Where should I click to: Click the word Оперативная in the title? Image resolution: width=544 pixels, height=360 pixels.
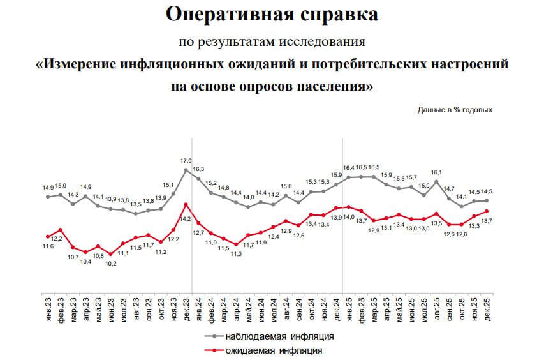(x=221, y=15)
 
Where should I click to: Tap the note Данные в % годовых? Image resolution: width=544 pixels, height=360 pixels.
(x=455, y=109)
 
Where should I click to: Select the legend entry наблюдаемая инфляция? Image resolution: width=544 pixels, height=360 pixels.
(x=279, y=335)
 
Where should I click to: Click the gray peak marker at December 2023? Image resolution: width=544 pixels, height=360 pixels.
(x=186, y=170)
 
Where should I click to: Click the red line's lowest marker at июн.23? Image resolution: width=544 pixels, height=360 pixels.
(x=110, y=254)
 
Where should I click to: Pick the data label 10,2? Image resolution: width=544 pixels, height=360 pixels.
(x=110, y=263)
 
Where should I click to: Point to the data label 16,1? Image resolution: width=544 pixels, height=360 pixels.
(x=437, y=172)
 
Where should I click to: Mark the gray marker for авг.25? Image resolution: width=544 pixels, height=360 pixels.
(x=437, y=181)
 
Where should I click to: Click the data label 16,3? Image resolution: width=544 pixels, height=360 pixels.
(x=198, y=169)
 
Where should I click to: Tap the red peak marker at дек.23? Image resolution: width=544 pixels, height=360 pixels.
(x=186, y=204)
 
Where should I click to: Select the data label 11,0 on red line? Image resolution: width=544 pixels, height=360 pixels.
(x=236, y=253)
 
